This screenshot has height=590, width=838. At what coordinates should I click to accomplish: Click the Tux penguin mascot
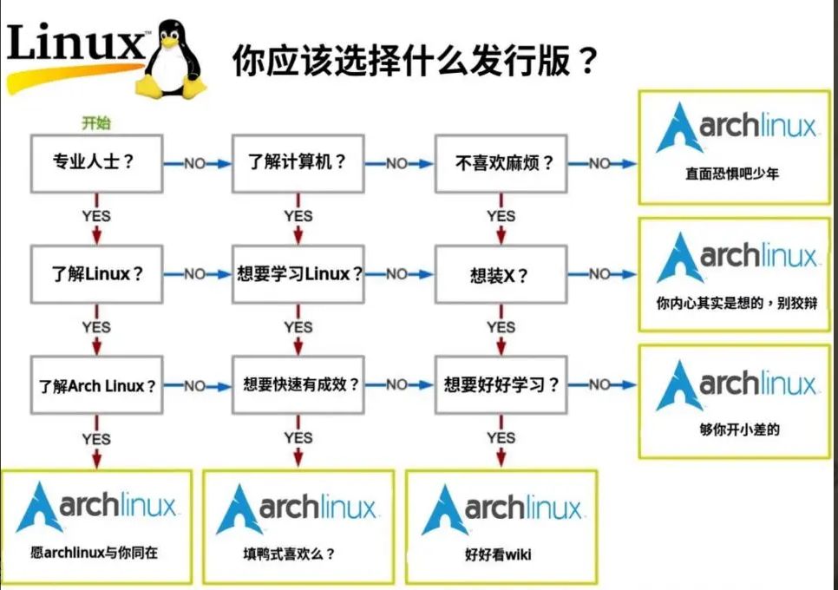click(170, 60)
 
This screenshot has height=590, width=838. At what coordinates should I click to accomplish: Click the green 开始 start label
click(96, 123)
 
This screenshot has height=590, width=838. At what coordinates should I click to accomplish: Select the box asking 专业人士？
click(97, 163)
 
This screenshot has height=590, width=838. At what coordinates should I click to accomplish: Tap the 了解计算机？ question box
click(298, 163)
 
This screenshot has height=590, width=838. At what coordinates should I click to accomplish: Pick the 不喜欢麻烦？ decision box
click(501, 163)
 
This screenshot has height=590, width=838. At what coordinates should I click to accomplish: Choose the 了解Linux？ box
click(97, 274)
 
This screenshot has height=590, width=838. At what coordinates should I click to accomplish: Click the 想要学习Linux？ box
click(298, 274)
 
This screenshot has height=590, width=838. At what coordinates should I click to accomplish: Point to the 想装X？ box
click(501, 274)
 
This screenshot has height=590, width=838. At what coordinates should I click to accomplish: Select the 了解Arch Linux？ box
click(97, 384)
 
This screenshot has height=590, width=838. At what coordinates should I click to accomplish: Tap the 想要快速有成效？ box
click(298, 384)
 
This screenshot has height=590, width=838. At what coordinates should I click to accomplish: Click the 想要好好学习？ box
click(501, 384)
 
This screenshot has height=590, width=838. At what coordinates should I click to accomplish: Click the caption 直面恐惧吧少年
click(732, 174)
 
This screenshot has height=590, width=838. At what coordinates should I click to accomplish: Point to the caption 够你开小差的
click(739, 429)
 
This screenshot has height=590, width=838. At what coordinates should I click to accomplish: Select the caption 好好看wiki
click(498, 554)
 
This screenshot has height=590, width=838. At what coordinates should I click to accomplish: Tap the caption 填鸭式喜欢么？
click(289, 554)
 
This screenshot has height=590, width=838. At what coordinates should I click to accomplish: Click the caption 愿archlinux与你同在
click(94, 553)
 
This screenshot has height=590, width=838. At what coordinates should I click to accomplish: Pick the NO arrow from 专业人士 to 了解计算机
click(197, 163)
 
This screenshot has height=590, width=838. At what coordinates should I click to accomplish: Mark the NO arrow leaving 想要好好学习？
click(602, 384)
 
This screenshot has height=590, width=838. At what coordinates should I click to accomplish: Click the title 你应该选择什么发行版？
click(415, 61)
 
